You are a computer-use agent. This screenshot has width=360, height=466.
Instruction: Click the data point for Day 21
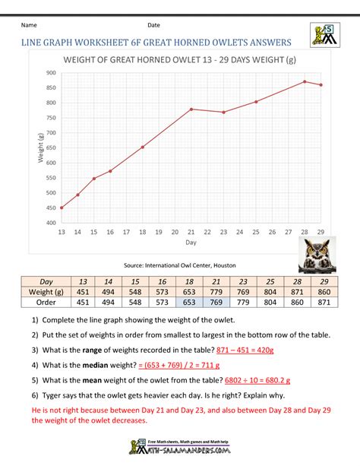[x=191, y=109]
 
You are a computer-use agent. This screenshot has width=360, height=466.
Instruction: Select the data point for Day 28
[x=305, y=82]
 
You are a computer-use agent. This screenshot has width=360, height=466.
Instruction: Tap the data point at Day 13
[x=62, y=208]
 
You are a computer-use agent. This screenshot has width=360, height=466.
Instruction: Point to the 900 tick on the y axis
[x=51, y=73]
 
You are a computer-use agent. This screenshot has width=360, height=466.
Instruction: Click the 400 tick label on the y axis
[x=51, y=223]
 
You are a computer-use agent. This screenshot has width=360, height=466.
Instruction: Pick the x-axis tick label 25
[x=256, y=232]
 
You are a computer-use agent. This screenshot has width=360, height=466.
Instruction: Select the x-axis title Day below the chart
[x=191, y=243]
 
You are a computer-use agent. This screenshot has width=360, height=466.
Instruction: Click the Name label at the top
[x=33, y=26]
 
